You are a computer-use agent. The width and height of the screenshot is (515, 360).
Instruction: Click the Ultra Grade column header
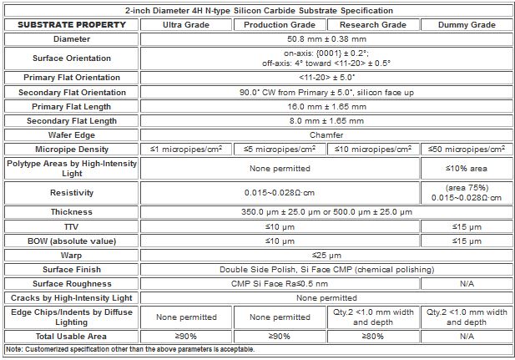[x=185, y=24]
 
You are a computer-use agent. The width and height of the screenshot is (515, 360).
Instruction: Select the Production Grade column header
[x=278, y=24]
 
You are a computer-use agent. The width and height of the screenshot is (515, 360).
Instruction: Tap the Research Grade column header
[x=371, y=24]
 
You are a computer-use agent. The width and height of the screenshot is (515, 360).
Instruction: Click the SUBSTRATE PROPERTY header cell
[x=72, y=24]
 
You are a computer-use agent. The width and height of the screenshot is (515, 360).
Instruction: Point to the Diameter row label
[x=72, y=38]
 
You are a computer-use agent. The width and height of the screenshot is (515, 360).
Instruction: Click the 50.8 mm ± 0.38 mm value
[x=325, y=38]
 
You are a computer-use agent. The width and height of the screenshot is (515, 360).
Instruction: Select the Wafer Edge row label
[x=72, y=134]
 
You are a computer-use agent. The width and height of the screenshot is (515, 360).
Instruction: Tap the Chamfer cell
[x=325, y=134]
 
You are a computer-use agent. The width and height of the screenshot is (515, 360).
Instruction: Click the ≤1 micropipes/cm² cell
[x=185, y=149]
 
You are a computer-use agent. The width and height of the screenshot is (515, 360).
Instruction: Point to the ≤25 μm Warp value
[x=325, y=255]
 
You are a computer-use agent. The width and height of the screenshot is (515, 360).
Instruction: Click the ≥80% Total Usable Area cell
[x=371, y=336]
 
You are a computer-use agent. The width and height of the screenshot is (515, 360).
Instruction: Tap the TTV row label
[x=72, y=226]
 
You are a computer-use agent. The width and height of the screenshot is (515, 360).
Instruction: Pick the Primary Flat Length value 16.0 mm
[x=325, y=106]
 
